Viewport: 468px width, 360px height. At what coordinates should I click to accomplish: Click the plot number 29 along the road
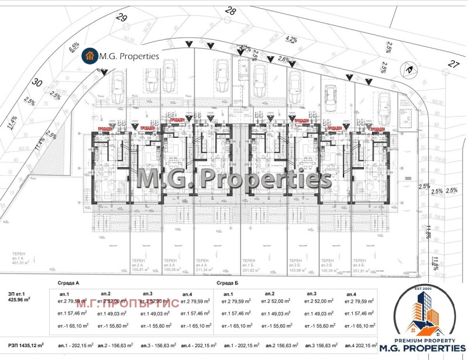pos(122,18)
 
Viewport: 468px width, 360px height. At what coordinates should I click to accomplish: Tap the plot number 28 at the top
pos(230,11)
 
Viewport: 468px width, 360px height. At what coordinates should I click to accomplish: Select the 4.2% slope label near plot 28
pos(291,40)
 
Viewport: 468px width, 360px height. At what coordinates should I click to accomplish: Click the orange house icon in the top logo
pos(90,56)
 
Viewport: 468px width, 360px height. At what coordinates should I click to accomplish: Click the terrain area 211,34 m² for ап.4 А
pos(205,270)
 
